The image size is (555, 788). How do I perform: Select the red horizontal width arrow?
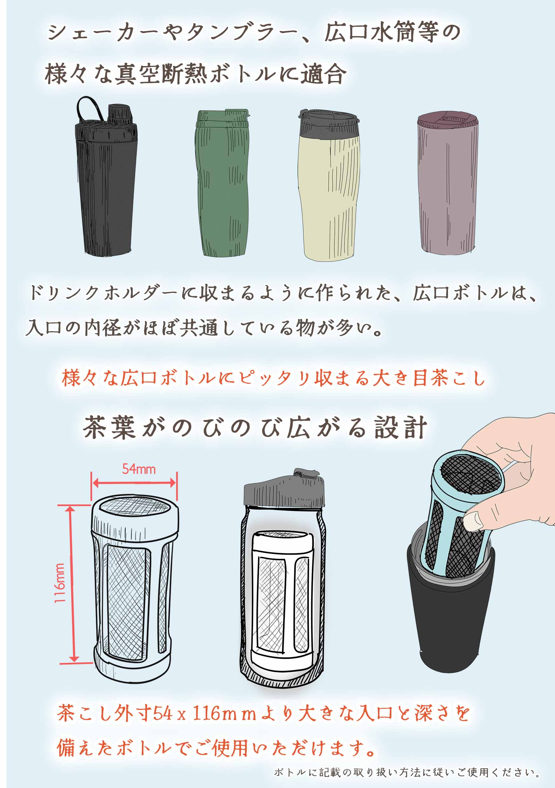(134, 483)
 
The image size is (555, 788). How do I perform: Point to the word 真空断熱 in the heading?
(161, 73)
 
